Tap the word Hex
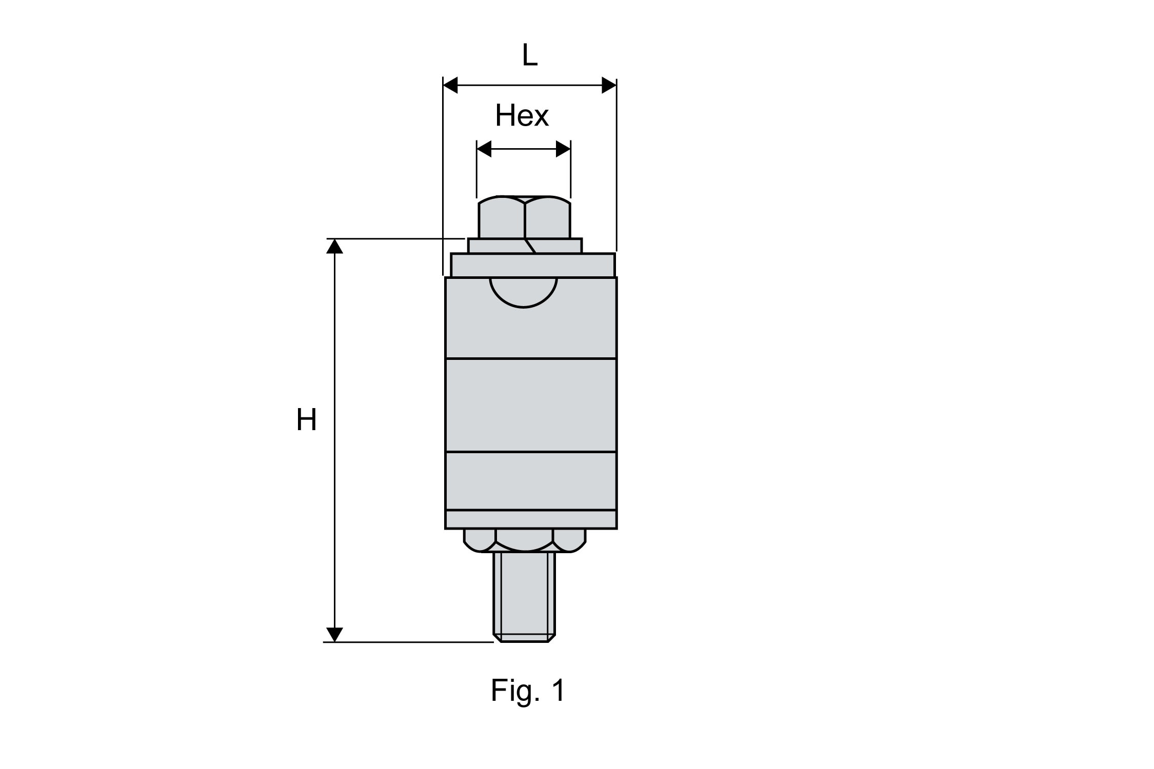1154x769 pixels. click(522, 116)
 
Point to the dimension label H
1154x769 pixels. click(306, 420)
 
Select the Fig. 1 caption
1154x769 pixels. click(528, 691)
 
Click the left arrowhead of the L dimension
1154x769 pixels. click(450, 86)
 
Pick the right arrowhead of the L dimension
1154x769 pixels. click(609, 86)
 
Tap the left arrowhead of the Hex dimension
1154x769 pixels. click(484, 149)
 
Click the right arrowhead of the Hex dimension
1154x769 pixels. click(563, 149)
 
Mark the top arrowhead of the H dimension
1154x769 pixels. click(334, 246)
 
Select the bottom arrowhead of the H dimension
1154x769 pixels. click(334, 635)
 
